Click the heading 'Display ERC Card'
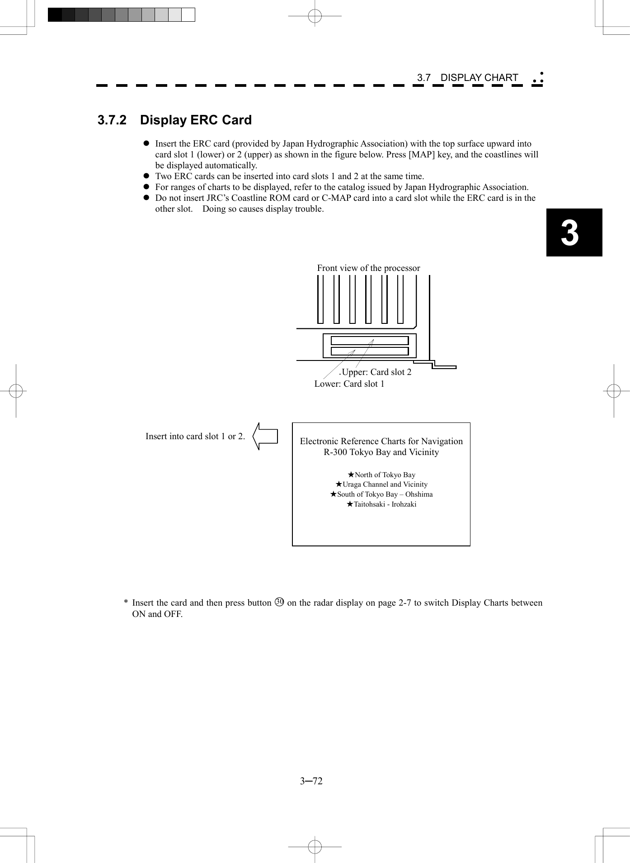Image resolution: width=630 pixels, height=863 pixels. point(196,120)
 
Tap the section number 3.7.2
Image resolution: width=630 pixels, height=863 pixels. point(112,120)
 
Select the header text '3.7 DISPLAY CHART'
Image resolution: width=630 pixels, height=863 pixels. point(467,78)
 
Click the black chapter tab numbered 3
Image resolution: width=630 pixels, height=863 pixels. point(574,232)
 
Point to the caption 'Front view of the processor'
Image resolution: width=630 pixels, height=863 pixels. point(368,268)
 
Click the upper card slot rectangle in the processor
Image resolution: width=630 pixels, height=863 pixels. point(369,341)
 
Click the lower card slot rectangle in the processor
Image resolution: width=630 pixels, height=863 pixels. point(369,351)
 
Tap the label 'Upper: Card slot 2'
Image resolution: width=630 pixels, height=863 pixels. point(376,372)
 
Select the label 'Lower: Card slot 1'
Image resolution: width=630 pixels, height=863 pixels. point(349,384)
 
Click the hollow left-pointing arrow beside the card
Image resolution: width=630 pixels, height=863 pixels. point(265,436)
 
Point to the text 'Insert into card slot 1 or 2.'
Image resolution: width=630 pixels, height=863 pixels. point(195,436)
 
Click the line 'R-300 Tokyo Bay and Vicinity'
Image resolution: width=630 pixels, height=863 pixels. point(381,452)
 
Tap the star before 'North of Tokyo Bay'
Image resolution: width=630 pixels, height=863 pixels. point(351,475)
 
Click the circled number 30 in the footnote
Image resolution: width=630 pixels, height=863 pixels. point(279,602)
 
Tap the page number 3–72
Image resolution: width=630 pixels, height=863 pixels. point(311,781)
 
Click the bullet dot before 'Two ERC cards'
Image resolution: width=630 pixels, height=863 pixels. point(146,176)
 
